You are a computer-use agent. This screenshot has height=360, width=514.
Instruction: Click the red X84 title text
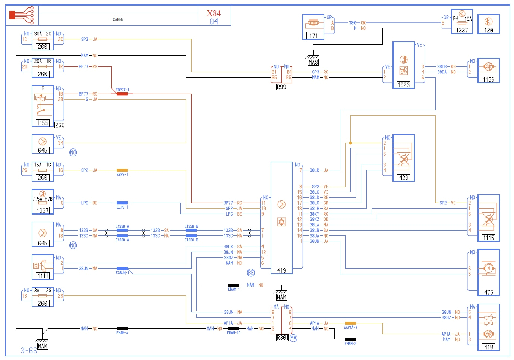coord(214,13)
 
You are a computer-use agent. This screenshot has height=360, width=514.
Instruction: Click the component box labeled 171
coord(313,26)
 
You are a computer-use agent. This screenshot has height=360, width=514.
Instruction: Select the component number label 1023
coord(403,85)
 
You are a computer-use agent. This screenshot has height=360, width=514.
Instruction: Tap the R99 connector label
coord(281,87)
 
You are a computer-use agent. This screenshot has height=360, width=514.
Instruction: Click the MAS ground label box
coord(313,62)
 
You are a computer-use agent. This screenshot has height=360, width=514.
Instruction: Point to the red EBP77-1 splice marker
coord(122,94)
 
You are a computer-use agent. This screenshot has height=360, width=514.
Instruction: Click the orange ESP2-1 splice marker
coord(122,170)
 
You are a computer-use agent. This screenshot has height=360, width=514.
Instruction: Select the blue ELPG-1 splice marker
coord(122,203)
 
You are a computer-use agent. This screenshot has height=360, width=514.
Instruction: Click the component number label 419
coord(281,270)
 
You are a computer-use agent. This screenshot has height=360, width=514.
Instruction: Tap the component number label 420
coord(403,178)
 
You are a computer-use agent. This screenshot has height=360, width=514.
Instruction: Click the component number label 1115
coord(488,238)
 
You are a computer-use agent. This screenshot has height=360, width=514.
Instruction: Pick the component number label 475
coord(488,292)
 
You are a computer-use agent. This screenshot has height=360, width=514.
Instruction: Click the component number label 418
coord(488,347)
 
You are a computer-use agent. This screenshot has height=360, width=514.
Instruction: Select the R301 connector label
coord(282,338)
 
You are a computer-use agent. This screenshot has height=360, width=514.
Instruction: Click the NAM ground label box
coord(281,297)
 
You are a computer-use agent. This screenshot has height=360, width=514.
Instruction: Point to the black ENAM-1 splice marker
coord(233,285)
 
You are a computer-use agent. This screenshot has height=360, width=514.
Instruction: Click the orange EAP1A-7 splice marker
coord(350,323)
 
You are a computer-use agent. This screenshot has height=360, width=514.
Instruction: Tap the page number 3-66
coord(29,350)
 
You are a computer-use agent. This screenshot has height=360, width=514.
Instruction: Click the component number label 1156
coord(488,79)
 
